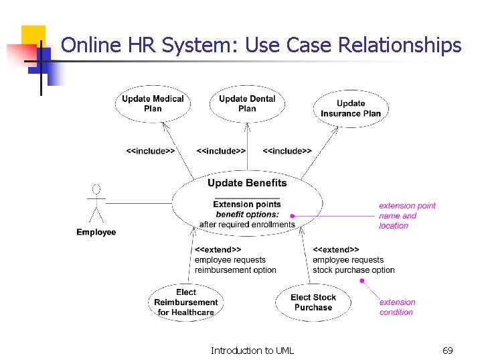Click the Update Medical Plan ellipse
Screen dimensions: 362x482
tap(153, 104)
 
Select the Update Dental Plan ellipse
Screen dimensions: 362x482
tap(247, 104)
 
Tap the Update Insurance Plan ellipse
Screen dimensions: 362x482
tap(351, 108)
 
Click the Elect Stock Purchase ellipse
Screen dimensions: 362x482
tap(313, 302)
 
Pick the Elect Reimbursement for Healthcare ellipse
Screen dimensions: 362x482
tap(186, 302)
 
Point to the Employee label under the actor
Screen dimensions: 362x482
tap(96, 233)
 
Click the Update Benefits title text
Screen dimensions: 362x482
tap(247, 183)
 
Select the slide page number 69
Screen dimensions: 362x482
tap(448, 351)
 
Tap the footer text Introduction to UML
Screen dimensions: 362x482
tap(252, 351)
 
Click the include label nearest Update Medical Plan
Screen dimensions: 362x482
tap(151, 151)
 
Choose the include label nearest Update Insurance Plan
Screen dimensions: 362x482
tap(287, 151)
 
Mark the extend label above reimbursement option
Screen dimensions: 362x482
tap(218, 249)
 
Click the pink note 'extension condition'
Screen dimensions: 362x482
tap(398, 307)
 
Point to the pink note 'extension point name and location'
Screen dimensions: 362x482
tap(407, 216)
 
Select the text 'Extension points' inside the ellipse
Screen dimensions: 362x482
tap(247, 204)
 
